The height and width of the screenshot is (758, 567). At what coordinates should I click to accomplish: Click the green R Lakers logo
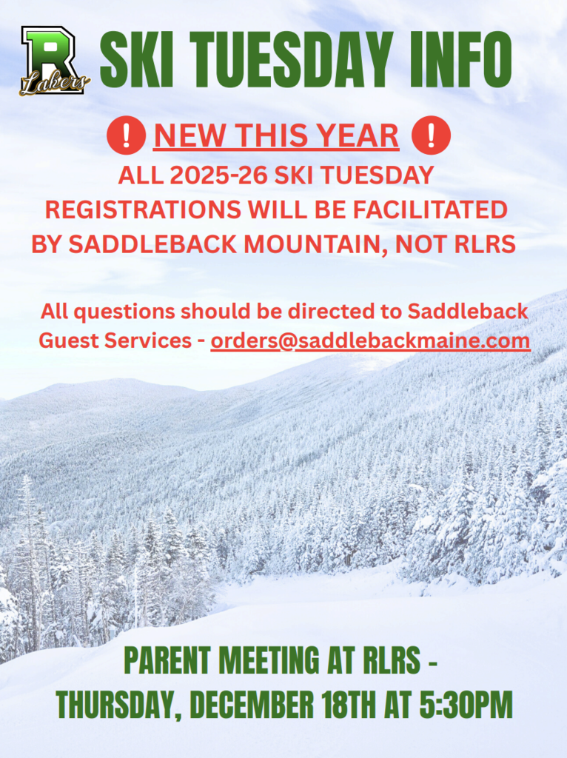click(53, 61)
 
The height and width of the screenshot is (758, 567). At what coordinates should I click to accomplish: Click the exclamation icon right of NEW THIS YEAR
click(431, 136)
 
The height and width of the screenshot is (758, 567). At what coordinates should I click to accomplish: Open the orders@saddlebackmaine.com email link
click(370, 341)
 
